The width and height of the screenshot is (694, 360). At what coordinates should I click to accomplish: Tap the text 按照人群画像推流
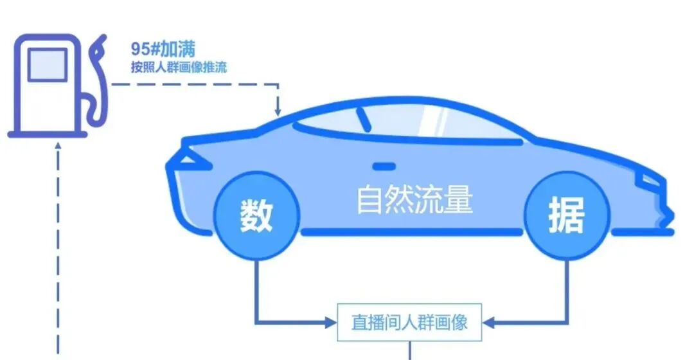click(178, 67)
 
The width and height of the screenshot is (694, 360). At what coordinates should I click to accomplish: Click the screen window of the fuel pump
click(47, 64)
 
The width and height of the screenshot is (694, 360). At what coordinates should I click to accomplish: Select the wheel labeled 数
click(257, 215)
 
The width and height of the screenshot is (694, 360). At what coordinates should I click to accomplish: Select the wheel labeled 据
click(566, 215)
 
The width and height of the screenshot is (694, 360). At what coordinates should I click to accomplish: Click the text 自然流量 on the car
click(414, 200)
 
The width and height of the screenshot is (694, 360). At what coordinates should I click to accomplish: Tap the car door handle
click(384, 166)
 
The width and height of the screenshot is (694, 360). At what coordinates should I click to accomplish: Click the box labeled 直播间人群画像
click(409, 322)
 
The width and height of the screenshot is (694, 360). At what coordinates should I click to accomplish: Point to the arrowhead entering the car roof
click(278, 111)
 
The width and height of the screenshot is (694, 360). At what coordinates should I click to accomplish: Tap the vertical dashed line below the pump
click(58, 257)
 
